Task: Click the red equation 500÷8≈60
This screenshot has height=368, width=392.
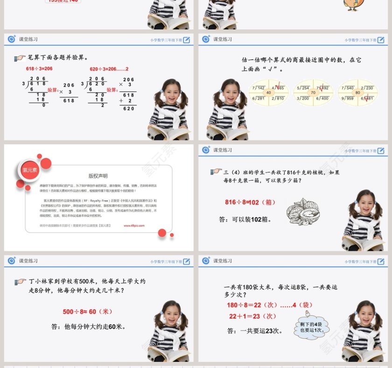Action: click(x=88, y=311)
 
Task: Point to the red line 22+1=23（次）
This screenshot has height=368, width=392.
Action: click(x=252, y=316)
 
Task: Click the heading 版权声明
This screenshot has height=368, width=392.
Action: click(x=98, y=176)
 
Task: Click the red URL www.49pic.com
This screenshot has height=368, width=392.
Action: click(x=134, y=225)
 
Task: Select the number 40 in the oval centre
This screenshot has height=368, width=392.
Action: click(x=268, y=92)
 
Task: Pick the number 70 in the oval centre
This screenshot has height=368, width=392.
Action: click(x=313, y=92)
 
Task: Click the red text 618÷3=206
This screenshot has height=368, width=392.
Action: click(x=39, y=69)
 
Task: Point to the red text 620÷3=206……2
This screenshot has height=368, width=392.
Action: click(x=109, y=69)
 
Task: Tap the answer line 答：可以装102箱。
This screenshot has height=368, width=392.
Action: click(x=245, y=219)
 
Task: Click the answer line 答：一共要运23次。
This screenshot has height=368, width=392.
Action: click(x=255, y=331)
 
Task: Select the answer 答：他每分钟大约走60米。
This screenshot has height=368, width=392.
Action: click(x=89, y=327)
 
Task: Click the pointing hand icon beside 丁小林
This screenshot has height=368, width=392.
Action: click(x=20, y=282)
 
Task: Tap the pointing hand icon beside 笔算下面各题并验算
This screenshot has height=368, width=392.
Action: click(x=20, y=58)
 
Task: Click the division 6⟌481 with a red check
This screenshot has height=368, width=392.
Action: click(x=367, y=98)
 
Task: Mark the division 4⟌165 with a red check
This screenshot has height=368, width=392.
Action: click(x=278, y=87)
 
